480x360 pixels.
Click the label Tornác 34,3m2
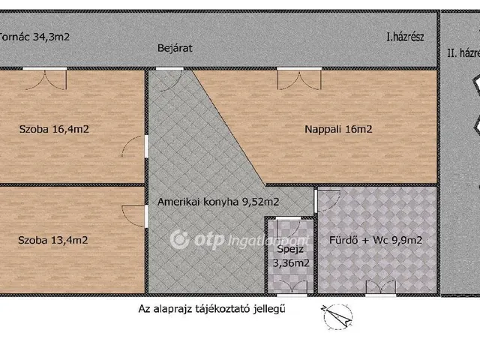pyautogui.click(x=34, y=34)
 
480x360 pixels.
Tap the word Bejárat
pyautogui.click(x=175, y=47)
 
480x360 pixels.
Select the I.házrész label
pyautogui.click(x=406, y=35)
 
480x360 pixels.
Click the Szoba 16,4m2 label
pyautogui.click(x=54, y=128)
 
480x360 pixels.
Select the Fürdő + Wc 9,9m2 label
pyautogui.click(x=376, y=241)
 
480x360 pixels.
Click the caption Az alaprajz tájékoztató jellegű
pyautogui.click(x=213, y=307)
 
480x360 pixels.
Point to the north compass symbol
pyautogui.click(x=334, y=316)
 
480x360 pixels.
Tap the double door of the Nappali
pyautogui.click(x=292, y=77)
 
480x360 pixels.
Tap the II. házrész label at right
pyautogui.click(x=462, y=52)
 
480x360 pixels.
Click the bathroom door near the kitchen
pyautogui.click(x=325, y=199)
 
